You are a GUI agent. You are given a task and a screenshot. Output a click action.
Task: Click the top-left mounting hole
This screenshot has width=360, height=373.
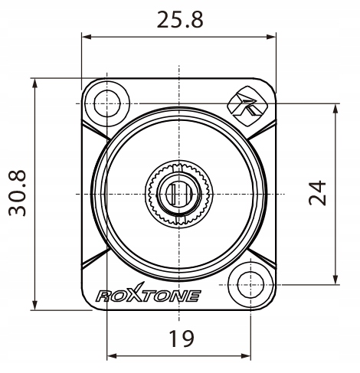104,99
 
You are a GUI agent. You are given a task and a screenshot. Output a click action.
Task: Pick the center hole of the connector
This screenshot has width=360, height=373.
178,191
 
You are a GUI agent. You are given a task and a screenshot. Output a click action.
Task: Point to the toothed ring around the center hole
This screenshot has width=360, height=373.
162,191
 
